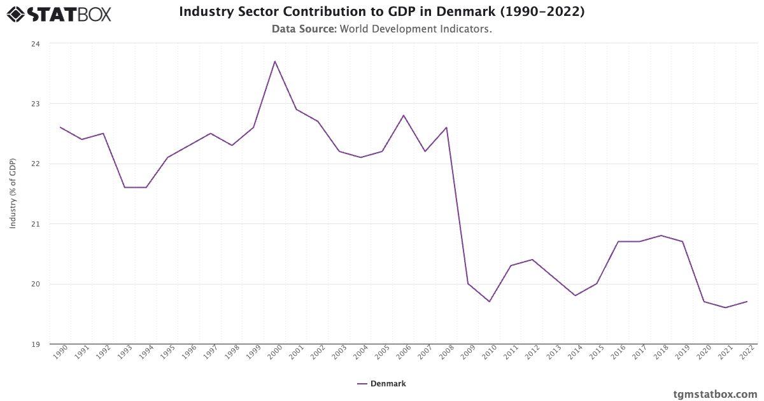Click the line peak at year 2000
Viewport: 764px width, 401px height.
(x=275, y=61)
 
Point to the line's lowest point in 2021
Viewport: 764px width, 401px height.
(x=725, y=307)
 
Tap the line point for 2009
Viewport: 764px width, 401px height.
(x=468, y=284)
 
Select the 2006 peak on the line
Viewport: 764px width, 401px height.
(x=404, y=115)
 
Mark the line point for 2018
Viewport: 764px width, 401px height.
(x=661, y=236)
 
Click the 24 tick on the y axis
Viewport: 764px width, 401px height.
(x=36, y=44)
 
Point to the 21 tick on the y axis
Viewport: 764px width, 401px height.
(x=36, y=223)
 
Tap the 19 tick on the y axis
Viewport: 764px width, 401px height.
(x=36, y=344)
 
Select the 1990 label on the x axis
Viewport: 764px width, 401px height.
(x=60, y=352)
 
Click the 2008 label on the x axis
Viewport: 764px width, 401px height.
(x=446, y=352)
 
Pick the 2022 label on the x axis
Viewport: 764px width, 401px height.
(x=747, y=352)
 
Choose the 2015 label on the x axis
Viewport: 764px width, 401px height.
(x=597, y=352)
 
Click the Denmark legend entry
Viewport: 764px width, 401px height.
(x=381, y=384)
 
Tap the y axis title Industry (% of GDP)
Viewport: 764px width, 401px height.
(x=13, y=193)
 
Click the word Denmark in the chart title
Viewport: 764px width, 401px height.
(x=466, y=11)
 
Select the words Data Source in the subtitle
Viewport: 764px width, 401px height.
(x=304, y=29)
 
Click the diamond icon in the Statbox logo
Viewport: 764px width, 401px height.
(x=16, y=14)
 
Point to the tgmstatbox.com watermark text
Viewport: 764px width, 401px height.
(x=715, y=395)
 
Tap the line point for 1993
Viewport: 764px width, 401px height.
(x=125, y=187)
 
